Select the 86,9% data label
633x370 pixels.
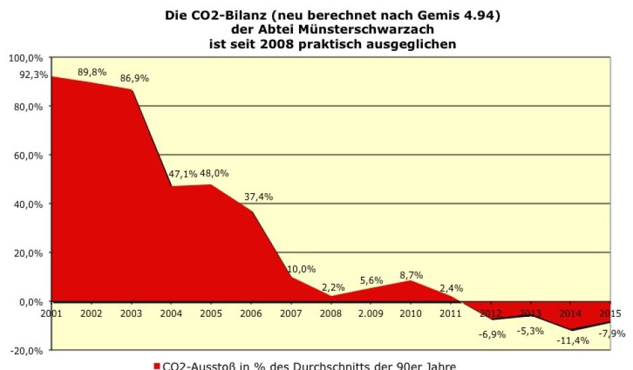coord(135,78)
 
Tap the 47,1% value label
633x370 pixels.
coord(182,174)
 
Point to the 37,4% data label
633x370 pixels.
coord(259,196)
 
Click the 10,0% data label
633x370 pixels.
coord(301,269)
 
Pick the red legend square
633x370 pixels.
coord(157,366)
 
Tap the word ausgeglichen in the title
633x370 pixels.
coord(415,44)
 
